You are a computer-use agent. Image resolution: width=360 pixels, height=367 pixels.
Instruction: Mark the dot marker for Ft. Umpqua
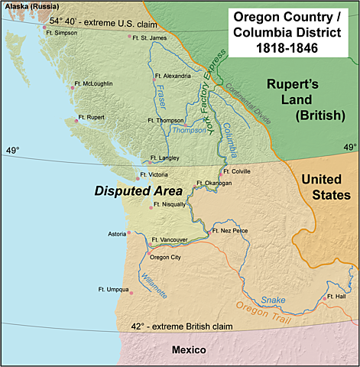(131, 293)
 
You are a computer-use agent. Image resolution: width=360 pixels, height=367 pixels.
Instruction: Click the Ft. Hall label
(336, 296)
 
